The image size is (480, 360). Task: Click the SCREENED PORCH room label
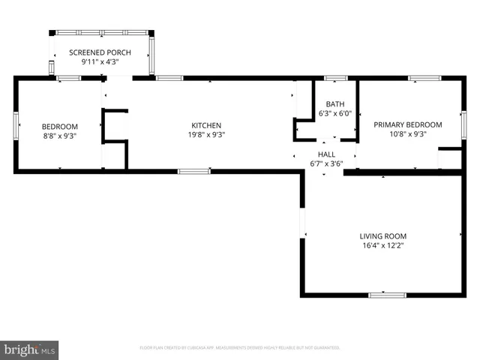click(x=100, y=52)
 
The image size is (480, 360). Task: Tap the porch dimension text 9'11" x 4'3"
click(x=100, y=62)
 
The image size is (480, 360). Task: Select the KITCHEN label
click(x=206, y=125)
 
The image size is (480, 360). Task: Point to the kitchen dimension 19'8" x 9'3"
click(x=206, y=135)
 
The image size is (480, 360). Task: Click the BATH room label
click(x=335, y=104)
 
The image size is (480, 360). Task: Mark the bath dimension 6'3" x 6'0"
click(x=335, y=114)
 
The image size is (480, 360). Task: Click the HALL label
click(x=326, y=154)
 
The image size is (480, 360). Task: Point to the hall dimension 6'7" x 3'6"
click(x=326, y=163)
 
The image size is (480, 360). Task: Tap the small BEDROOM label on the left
click(x=59, y=126)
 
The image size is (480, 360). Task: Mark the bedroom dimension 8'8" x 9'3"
click(x=59, y=136)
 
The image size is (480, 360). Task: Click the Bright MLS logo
click(x=30, y=349)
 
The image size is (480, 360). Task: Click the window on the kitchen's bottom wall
click(x=193, y=172)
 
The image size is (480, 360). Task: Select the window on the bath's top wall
click(x=335, y=77)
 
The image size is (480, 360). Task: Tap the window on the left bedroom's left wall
click(x=16, y=125)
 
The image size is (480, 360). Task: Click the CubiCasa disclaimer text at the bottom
click(x=240, y=348)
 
